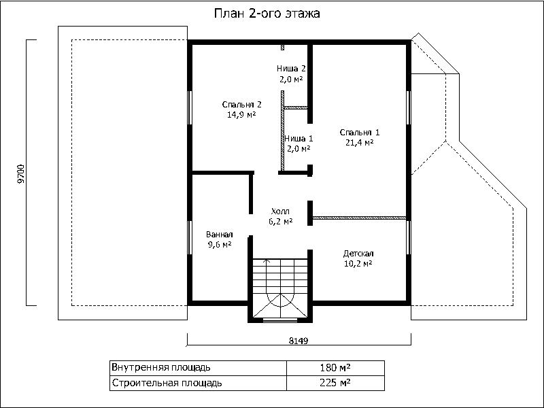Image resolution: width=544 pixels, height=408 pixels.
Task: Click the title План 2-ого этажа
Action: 267,14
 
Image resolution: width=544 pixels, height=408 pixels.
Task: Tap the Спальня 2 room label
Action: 241,105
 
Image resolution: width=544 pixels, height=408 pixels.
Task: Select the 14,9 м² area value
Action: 241,114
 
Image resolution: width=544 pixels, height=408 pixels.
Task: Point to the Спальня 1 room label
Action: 360,132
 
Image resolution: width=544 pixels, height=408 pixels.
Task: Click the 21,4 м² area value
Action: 360,142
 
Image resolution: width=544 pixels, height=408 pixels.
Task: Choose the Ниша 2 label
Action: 291,69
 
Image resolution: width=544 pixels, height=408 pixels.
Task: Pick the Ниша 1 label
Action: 299,139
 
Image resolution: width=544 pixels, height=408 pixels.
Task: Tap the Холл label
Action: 280,211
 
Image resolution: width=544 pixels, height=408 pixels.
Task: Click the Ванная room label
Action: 219,235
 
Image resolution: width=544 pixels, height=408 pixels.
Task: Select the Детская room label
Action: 358,253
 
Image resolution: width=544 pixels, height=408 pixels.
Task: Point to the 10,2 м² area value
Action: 358,264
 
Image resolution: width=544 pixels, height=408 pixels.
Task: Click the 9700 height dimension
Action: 21,173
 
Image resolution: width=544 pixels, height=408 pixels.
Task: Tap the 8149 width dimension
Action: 299,341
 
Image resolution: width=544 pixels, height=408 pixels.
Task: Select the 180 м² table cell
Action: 335,367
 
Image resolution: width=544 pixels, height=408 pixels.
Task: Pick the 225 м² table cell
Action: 335,383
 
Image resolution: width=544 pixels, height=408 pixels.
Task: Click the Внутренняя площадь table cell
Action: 198,367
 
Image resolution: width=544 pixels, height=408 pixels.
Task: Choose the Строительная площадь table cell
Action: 198,383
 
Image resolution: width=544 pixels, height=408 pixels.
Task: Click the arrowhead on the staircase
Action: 267,260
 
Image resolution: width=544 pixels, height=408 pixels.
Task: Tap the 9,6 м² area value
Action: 219,245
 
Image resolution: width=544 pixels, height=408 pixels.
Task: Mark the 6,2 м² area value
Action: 280,222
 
